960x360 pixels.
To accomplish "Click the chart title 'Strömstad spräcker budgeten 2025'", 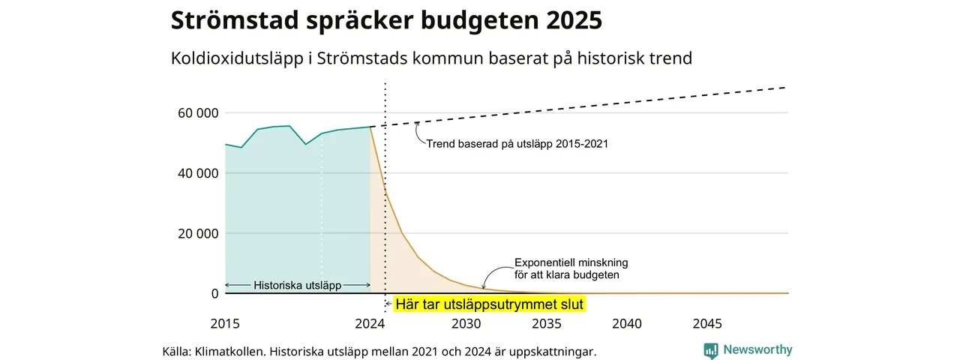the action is (x=386, y=20).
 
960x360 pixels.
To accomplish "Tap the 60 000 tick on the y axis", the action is (x=198, y=113).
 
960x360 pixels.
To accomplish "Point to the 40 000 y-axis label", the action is (x=198, y=173).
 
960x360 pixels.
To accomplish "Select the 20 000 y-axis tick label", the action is (x=198, y=233).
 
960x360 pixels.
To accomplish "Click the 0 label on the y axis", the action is (x=214, y=293).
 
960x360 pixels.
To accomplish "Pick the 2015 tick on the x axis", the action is (x=225, y=323).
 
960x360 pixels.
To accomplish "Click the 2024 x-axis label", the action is (x=370, y=323).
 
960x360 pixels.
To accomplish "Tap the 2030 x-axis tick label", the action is (x=466, y=323).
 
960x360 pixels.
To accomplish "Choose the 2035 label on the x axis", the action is (x=547, y=323).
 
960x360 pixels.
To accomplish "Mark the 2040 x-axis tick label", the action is (x=627, y=323).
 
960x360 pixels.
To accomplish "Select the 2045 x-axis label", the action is (x=707, y=323).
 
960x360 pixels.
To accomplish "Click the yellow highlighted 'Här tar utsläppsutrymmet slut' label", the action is (x=490, y=304).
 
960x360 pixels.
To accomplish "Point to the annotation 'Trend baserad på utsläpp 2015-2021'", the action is (x=517, y=143).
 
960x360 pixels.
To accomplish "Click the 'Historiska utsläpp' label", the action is (x=298, y=286).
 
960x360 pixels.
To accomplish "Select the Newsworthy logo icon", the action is (x=711, y=350).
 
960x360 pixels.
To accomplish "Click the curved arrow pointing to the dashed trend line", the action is (x=418, y=134).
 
